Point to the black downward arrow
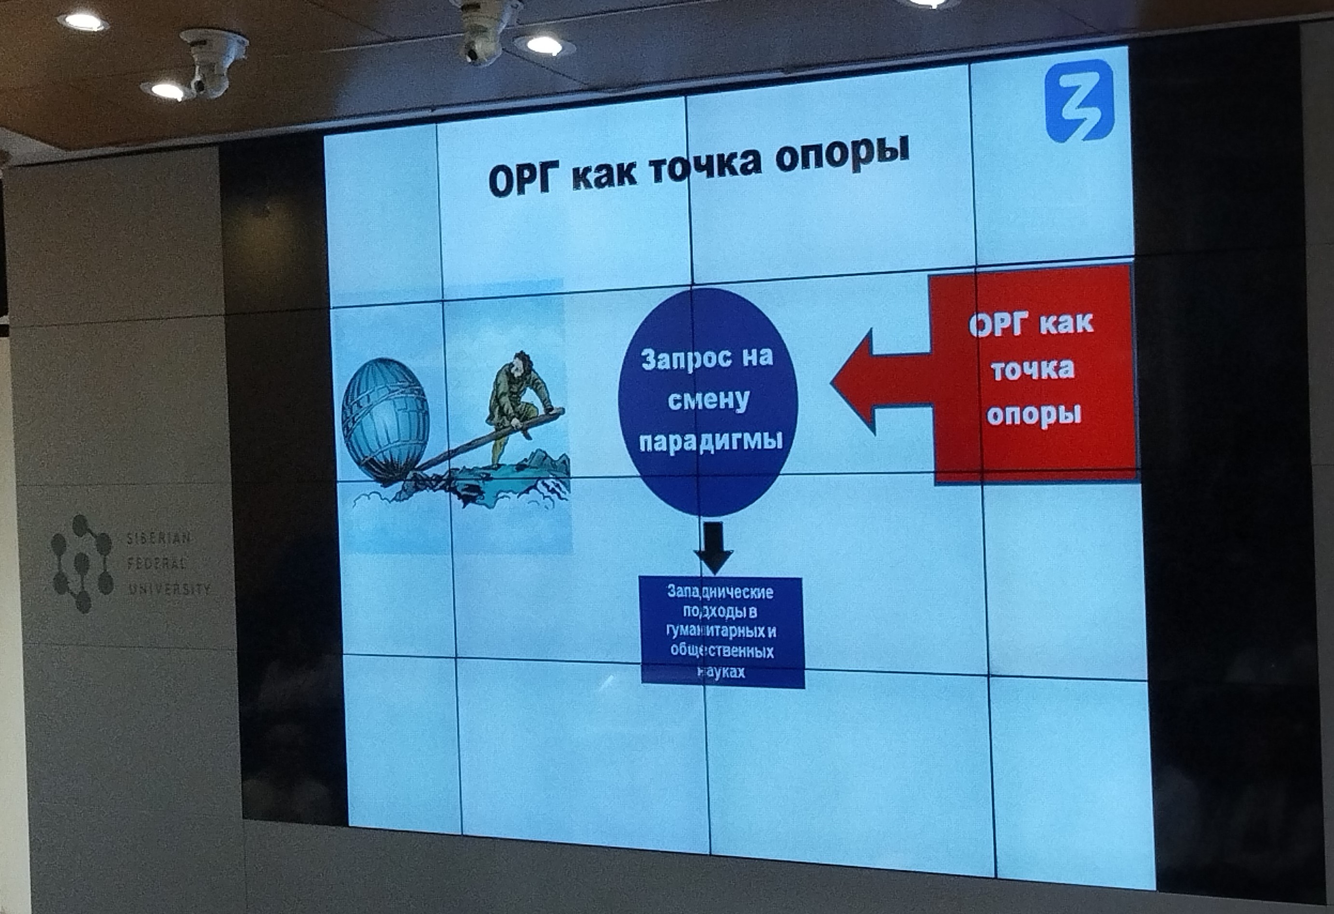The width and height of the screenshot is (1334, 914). click(x=713, y=547)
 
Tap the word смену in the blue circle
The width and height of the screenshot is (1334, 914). click(x=708, y=400)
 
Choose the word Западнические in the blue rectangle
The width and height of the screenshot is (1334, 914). click(x=720, y=591)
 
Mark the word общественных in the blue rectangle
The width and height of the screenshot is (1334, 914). click(x=721, y=651)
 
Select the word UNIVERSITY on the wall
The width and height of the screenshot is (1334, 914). click(x=169, y=588)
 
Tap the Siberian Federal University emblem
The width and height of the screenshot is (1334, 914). click(x=82, y=563)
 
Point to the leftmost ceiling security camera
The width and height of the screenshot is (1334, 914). click(x=214, y=63)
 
